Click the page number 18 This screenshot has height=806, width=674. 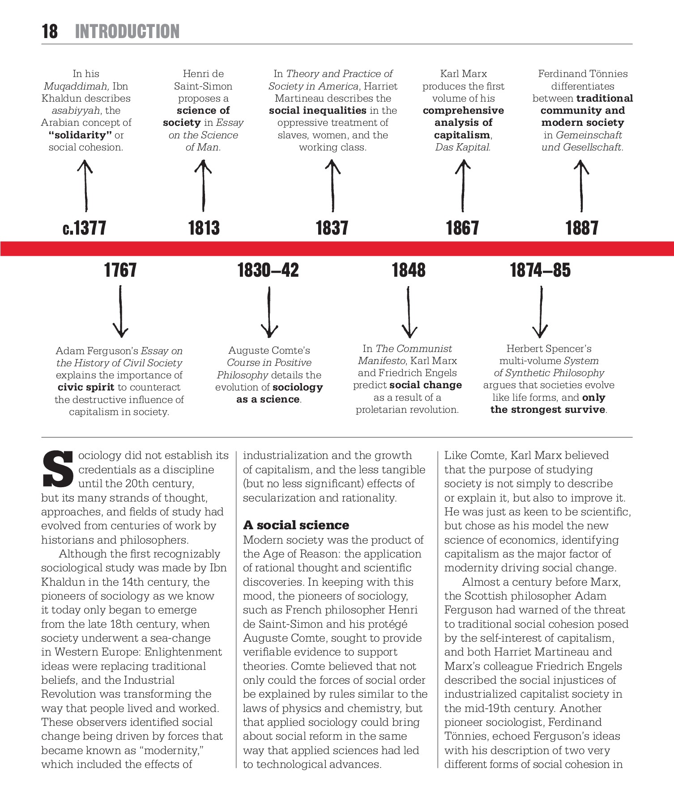coord(50,32)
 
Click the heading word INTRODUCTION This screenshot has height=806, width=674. coord(127,32)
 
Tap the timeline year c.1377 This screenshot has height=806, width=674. coord(85,228)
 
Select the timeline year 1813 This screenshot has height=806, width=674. coord(204,228)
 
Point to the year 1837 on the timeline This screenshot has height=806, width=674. coord(332,228)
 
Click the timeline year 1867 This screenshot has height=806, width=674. coord(462,228)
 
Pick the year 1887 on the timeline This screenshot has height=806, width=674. coord(581,228)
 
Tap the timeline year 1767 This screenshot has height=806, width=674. coord(120,270)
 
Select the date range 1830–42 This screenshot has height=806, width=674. coord(268,270)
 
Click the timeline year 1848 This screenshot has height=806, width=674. coord(409,270)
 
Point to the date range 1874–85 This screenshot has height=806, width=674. coord(540,270)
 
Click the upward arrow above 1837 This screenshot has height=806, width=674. coord(332,185)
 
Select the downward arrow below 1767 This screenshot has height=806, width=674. coord(120,312)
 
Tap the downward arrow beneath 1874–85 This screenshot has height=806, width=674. coord(541,312)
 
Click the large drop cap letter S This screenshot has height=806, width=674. coord(58,469)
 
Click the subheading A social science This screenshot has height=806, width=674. coord(296,525)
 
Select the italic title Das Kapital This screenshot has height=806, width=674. coord(463,147)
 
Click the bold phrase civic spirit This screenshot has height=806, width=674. coord(86,387)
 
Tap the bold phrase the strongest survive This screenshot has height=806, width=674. coord(548,409)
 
